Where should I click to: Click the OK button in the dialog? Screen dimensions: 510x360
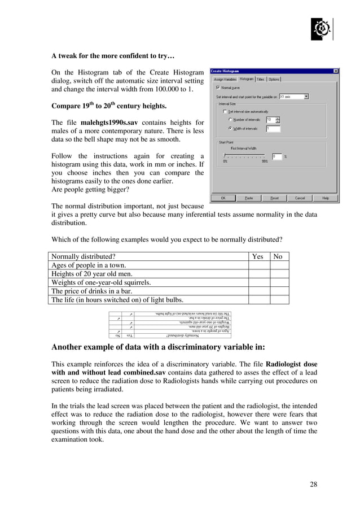coord(223,198)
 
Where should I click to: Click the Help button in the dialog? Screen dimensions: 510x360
coord(326,198)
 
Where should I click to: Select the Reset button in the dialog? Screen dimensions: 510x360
coord(274,198)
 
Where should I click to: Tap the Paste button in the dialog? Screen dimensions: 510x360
coord(249,198)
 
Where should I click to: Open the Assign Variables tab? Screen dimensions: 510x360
coord(225,79)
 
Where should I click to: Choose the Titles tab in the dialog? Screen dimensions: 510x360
coord(260,79)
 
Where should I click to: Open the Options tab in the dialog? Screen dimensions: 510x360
coord(274,79)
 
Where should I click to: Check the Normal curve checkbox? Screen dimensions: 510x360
coord(218,88)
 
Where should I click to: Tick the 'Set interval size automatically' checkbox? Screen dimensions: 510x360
coord(224,111)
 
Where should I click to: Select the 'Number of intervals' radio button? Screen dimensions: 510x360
coord(230,120)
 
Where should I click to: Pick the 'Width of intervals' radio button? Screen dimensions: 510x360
coord(230,128)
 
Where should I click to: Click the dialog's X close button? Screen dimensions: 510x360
coord(336,71)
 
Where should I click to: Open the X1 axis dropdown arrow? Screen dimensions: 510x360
coord(306,97)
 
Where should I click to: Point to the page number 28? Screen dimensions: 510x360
coord(314,484)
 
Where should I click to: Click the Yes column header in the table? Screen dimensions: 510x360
coord(257,256)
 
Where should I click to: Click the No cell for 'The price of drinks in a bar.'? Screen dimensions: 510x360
coord(278,291)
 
